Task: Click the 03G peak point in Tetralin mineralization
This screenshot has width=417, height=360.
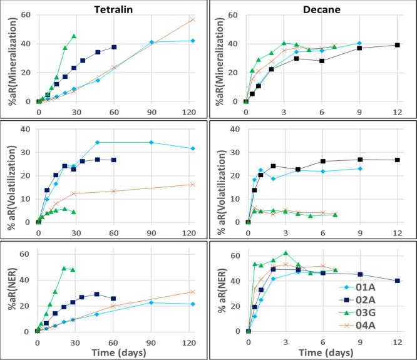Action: click(x=74, y=36)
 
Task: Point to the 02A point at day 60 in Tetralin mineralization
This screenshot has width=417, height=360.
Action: click(x=114, y=47)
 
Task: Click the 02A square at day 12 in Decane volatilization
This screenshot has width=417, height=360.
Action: click(x=397, y=160)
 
